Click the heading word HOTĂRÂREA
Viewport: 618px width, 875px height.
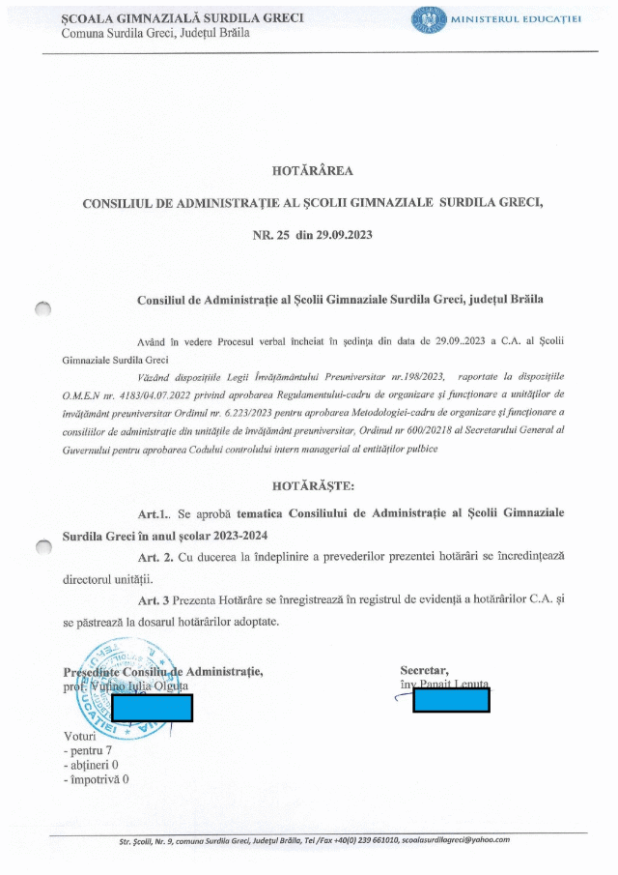(x=313, y=171)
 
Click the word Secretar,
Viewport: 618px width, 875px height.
(x=425, y=671)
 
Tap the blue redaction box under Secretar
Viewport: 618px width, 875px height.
(x=451, y=698)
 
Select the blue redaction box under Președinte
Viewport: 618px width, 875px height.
(x=153, y=708)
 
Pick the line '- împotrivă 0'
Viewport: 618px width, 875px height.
(x=96, y=778)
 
